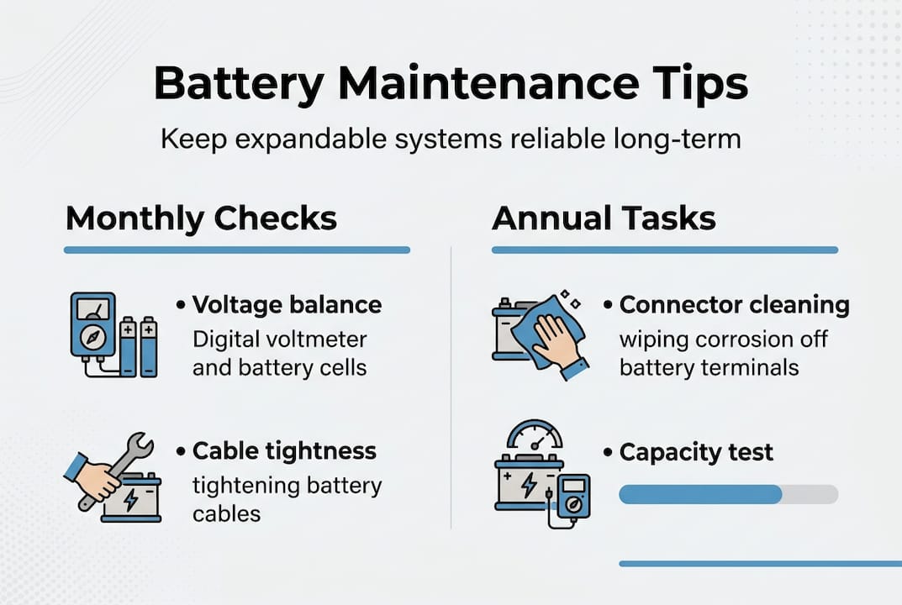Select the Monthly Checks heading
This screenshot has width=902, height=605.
(201, 218)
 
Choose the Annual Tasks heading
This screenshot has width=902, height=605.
(604, 218)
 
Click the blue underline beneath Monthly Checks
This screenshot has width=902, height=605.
(236, 250)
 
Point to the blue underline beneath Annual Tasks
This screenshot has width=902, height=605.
(664, 250)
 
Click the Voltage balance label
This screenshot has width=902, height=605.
(287, 304)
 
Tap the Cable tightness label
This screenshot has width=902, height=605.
(284, 451)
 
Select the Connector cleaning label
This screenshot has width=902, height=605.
(734, 305)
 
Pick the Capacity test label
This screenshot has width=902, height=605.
(696, 452)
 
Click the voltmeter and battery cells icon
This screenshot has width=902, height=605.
(112, 334)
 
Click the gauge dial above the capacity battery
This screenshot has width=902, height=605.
(535, 439)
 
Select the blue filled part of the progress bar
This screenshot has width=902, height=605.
(699, 494)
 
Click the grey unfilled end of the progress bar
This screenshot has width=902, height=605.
(810, 494)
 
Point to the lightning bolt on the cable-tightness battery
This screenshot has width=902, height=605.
(131, 498)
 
